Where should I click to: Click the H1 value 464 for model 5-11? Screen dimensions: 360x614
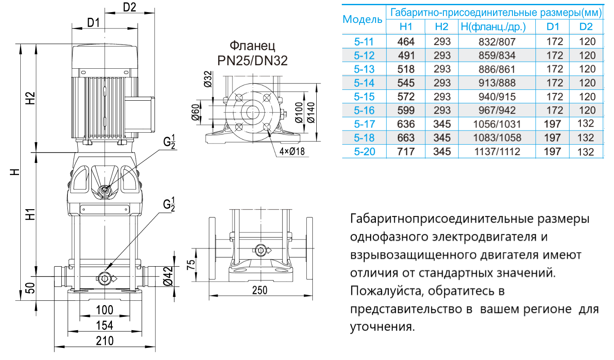coord(406,41)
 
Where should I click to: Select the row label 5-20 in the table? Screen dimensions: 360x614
coord(363,152)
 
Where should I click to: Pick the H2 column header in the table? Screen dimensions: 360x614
coord(442,27)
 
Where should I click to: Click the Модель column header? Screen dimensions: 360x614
coord(362,19)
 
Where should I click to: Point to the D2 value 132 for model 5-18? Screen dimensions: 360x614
coord(585,138)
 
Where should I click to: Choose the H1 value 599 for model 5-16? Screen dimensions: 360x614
coord(406,111)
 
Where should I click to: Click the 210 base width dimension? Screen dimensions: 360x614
coord(105,341)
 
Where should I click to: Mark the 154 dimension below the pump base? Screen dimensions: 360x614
coord(105,325)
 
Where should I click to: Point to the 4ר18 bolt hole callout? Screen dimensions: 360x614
coord(292,152)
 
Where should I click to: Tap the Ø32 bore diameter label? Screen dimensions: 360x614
coord(208,79)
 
